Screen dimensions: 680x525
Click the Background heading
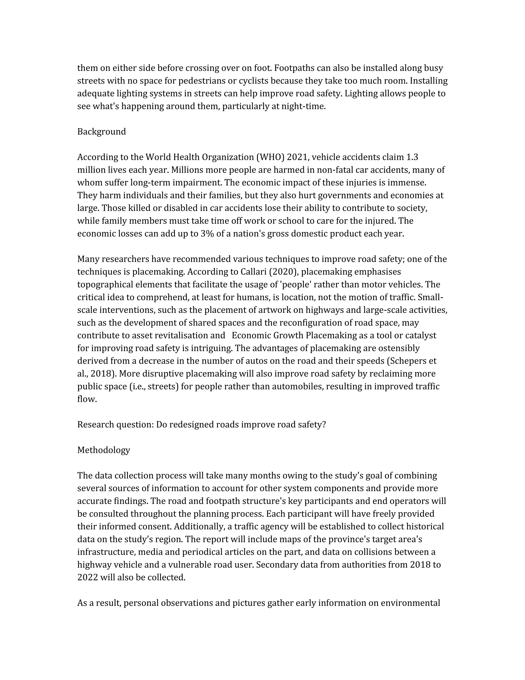[x=102, y=132]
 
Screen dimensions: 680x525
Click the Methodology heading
[x=104, y=450]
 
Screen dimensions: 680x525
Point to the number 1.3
[x=412, y=157]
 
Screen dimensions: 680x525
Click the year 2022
[x=87, y=577]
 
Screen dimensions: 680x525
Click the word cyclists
[x=253, y=81]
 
